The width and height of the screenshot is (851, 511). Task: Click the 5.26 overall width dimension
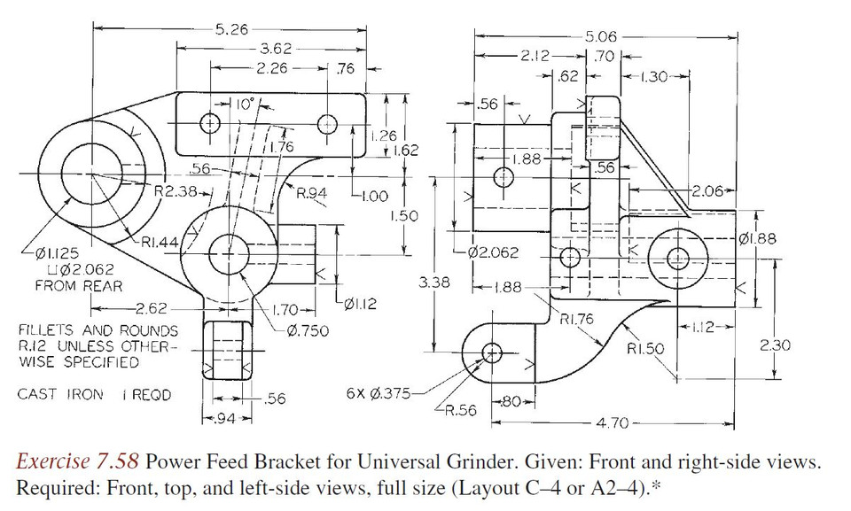pyautogui.click(x=231, y=29)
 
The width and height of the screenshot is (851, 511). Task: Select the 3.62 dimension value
pyautogui.click(x=277, y=50)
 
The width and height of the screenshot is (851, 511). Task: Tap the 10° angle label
pyautogui.click(x=244, y=104)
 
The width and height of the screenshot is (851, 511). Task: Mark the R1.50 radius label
pyautogui.click(x=645, y=349)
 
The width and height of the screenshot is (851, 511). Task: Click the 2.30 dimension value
pyautogui.click(x=776, y=345)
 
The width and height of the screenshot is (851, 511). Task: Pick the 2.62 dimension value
pyautogui.click(x=147, y=309)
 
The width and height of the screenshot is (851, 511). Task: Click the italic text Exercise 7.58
pyautogui.click(x=77, y=461)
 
